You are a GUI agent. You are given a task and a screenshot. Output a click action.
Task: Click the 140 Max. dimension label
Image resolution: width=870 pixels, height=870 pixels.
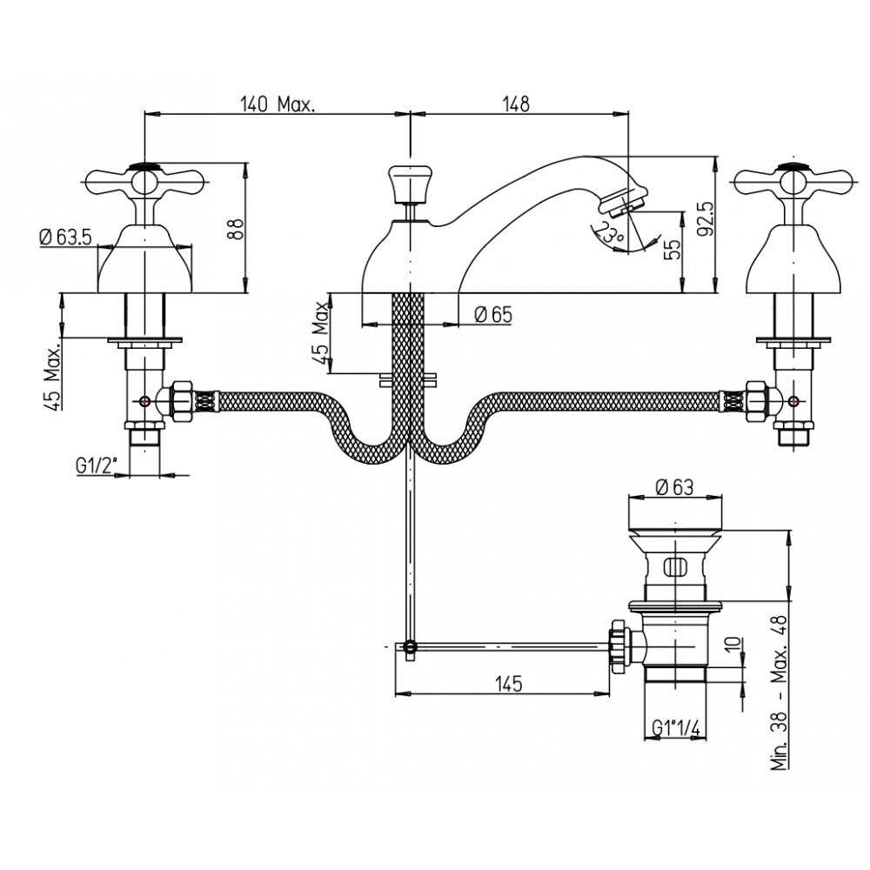coord(278,104)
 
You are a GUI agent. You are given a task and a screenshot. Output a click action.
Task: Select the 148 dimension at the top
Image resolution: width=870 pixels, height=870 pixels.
coord(516,104)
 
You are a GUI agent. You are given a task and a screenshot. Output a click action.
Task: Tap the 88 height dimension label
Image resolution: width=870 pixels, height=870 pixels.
coord(236,228)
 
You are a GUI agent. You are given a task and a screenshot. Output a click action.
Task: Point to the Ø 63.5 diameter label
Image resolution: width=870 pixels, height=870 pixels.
coord(66,238)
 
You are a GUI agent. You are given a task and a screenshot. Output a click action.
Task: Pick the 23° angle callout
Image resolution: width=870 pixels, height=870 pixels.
coord(609,232)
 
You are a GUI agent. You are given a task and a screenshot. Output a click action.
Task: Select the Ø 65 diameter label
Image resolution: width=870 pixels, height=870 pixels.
coord(493,315)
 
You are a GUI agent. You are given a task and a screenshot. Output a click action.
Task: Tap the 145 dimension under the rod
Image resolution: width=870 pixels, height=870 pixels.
coord(509,683)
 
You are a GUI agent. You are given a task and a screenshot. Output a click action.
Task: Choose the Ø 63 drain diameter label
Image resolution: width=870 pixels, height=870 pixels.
coord(674,486)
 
